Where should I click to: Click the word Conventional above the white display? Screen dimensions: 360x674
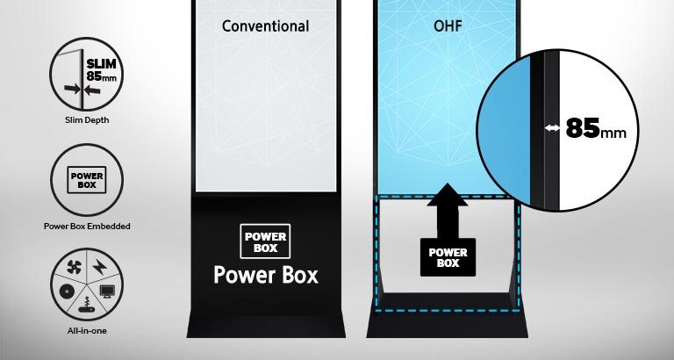(x=265, y=26)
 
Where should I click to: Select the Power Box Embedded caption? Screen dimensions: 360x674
(x=86, y=226)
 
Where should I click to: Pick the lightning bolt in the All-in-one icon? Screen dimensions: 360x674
(x=98, y=264)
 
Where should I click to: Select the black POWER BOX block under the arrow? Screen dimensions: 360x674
(x=448, y=256)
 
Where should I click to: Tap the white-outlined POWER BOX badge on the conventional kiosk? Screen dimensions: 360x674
(x=265, y=241)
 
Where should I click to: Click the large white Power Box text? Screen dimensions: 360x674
(x=265, y=275)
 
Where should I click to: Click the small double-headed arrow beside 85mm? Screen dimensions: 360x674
(x=552, y=129)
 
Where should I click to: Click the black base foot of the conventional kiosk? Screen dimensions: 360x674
(x=265, y=327)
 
